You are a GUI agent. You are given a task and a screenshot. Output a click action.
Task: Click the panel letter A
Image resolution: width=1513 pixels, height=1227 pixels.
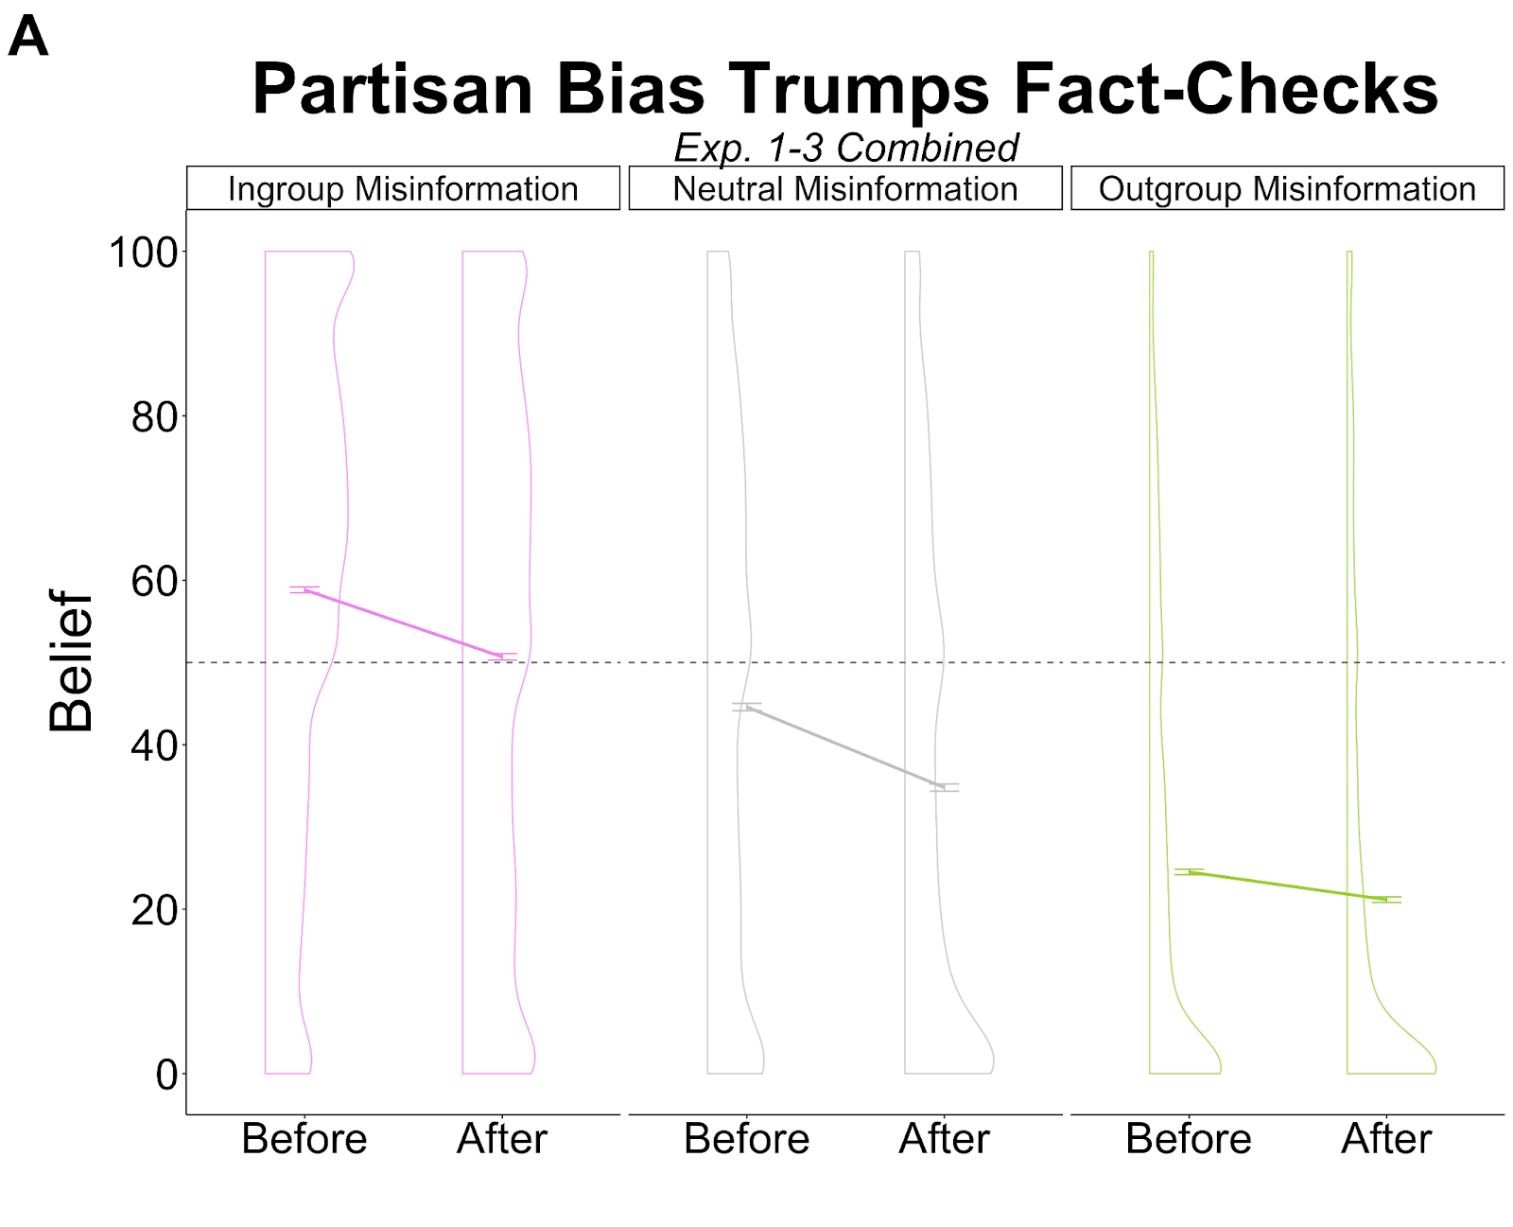click(27, 38)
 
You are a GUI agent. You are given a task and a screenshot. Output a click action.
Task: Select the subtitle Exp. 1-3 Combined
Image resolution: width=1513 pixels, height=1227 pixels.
click(845, 148)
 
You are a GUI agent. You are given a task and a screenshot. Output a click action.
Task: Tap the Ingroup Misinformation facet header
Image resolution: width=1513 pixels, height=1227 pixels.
click(403, 188)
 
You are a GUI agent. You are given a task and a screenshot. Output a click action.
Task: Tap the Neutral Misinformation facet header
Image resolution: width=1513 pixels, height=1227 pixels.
click(844, 188)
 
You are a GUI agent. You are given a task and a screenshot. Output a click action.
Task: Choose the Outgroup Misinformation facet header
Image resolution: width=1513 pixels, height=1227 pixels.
click(1286, 188)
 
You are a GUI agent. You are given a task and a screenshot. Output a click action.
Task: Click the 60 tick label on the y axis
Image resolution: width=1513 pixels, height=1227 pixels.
click(154, 581)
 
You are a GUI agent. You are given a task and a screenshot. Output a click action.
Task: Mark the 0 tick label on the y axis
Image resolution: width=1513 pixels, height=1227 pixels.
click(166, 1075)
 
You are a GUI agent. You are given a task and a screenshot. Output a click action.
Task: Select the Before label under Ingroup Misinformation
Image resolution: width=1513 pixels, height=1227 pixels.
click(304, 1138)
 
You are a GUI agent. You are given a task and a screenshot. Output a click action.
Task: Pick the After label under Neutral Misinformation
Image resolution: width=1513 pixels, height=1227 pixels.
click(944, 1138)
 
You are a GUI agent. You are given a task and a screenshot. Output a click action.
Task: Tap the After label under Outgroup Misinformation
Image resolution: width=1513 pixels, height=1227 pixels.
click(1385, 1138)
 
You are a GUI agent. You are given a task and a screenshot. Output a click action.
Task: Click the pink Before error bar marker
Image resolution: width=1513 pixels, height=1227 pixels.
click(304, 589)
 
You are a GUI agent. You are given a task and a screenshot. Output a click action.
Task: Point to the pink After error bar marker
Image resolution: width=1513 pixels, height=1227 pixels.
click(502, 656)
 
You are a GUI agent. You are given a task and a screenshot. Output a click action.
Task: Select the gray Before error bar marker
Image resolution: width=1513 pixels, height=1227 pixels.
click(747, 707)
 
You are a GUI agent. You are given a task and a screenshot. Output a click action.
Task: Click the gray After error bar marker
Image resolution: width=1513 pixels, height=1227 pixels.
click(944, 787)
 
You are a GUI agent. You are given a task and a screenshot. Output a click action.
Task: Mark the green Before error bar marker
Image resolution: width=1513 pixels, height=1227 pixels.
click(1189, 871)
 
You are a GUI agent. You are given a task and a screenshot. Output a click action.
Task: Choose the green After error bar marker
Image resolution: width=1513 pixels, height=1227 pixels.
click(1386, 900)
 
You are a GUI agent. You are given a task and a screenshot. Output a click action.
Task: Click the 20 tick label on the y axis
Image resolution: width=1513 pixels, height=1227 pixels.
click(154, 910)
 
